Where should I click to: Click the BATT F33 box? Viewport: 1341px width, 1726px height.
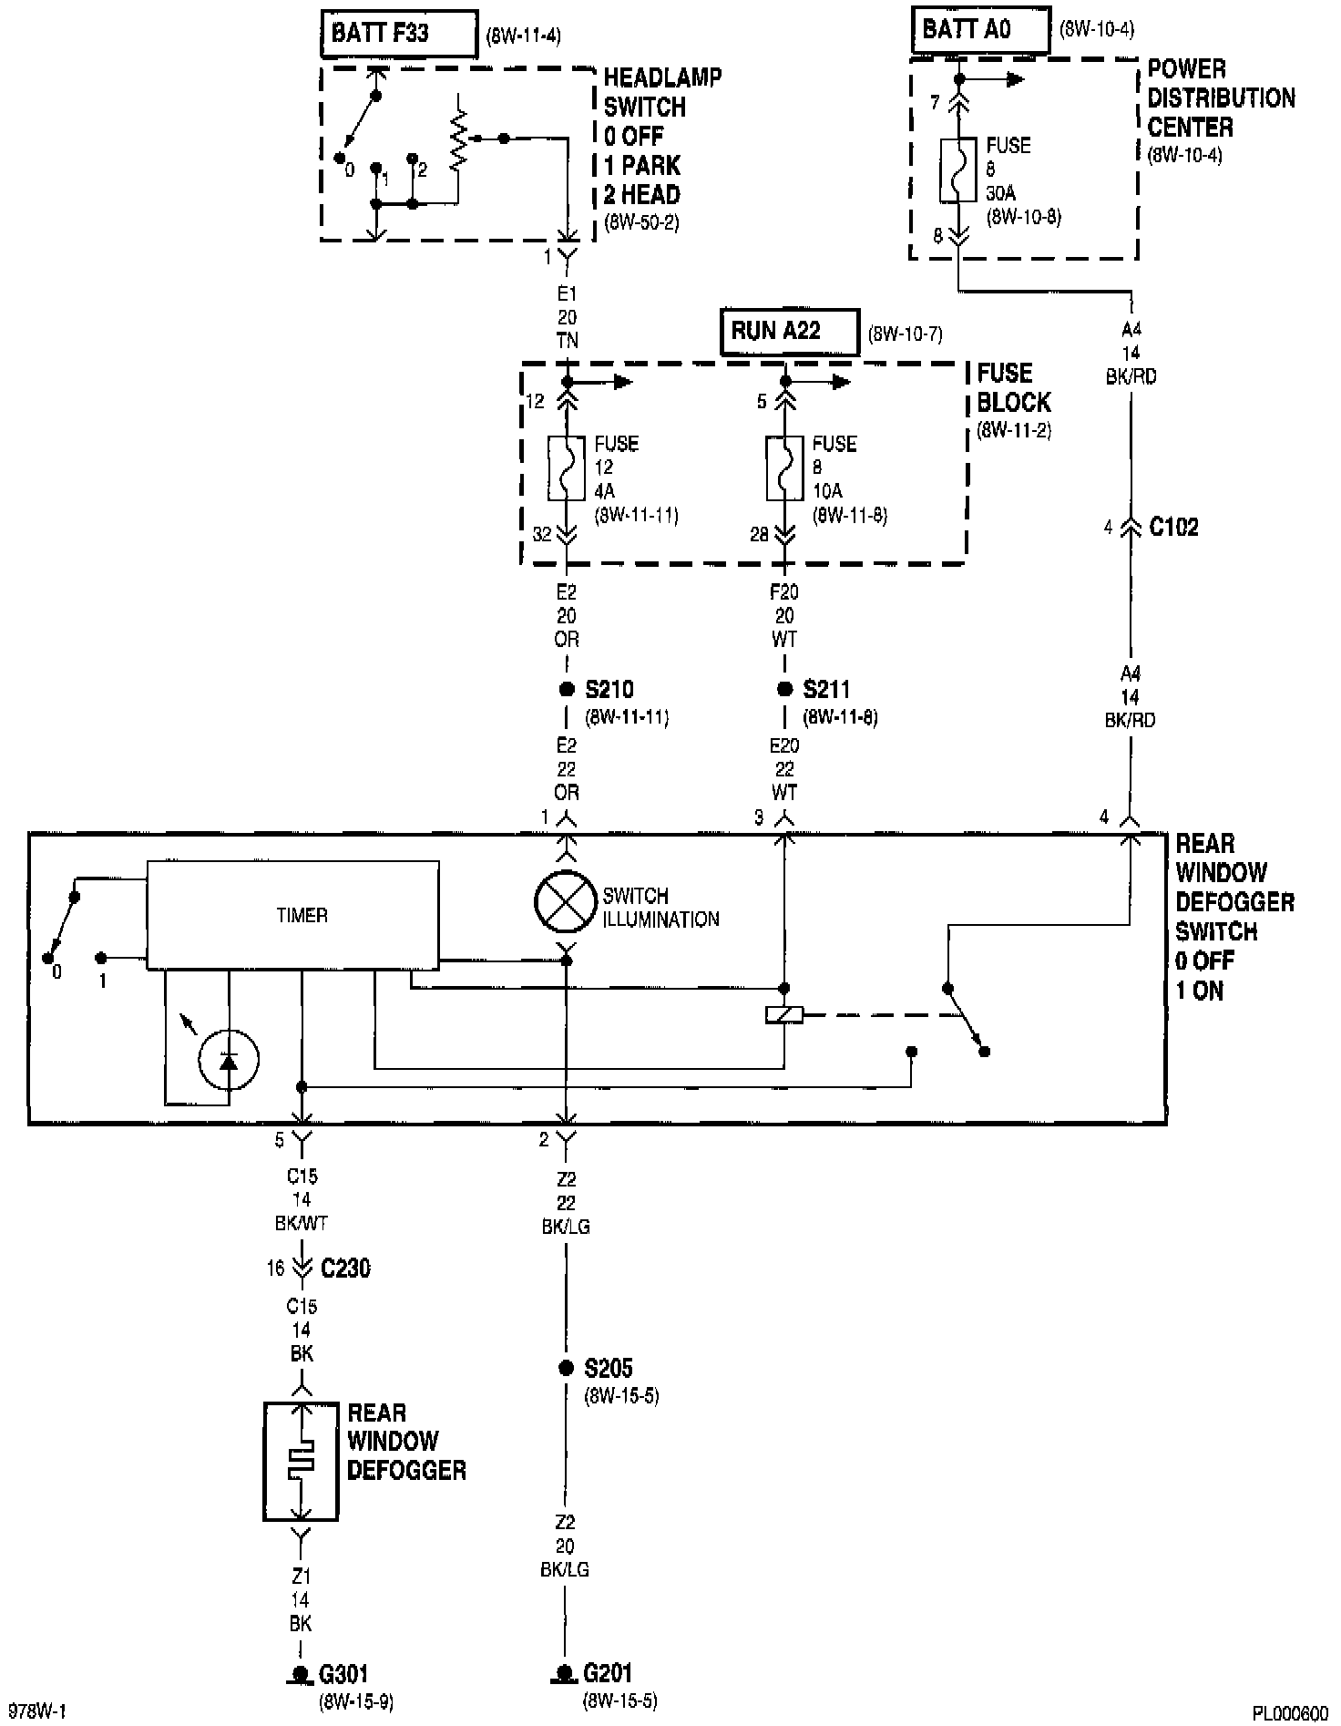click(x=399, y=34)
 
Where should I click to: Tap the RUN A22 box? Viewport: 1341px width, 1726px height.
click(x=789, y=331)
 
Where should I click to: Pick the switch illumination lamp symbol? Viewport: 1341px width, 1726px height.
click(x=566, y=902)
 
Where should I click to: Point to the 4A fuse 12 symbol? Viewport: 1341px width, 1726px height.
click(x=566, y=468)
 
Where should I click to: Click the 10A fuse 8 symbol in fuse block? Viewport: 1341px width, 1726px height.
click(x=784, y=468)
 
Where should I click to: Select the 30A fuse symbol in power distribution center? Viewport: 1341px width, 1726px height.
click(x=958, y=170)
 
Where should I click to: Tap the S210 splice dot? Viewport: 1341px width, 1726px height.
click(x=566, y=690)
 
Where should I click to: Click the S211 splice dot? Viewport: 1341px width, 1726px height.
click(x=784, y=690)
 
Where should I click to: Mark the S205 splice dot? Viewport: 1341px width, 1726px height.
click(x=566, y=1367)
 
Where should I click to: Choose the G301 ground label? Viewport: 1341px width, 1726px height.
click(x=343, y=1673)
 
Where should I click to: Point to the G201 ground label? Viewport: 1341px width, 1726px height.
click(x=608, y=1673)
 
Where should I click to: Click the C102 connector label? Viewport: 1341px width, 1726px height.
click(x=1173, y=528)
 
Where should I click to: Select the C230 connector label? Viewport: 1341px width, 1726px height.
click(x=345, y=1268)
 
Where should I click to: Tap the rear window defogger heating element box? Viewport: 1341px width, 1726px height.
click(x=301, y=1461)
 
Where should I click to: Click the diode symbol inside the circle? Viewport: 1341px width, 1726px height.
click(x=229, y=1060)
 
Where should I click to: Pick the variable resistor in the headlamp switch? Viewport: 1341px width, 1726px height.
click(x=459, y=139)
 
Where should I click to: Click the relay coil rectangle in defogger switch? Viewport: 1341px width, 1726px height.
click(x=784, y=1014)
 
